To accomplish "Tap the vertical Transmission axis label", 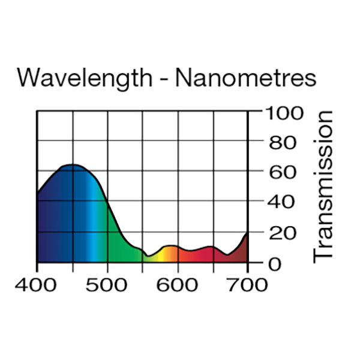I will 323,186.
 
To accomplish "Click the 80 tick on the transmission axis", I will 280,142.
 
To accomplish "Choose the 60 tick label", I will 280,172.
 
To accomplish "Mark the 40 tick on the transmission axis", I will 280,202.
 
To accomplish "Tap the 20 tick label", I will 280,233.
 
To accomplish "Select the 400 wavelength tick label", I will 37,284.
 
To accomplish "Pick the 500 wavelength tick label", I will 107,284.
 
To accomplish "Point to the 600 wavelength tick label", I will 178,284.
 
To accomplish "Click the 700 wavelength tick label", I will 247,284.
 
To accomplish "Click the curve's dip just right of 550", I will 148,256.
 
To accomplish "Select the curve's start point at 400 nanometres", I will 38,194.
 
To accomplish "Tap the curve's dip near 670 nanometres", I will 227,255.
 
